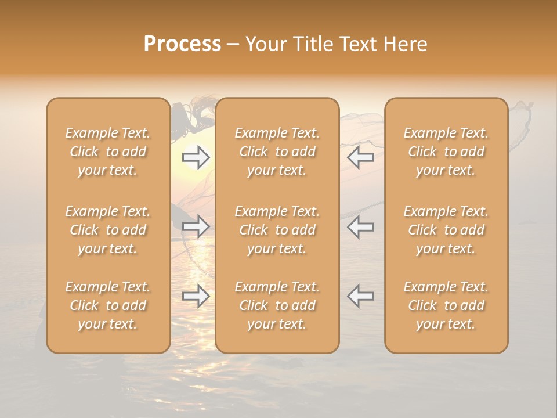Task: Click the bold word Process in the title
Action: (182, 44)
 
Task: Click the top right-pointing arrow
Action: (196, 157)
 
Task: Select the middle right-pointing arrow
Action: (196, 226)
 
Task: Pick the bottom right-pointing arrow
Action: (196, 296)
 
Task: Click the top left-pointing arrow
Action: (361, 157)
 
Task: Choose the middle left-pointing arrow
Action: (361, 226)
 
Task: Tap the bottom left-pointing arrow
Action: (361, 296)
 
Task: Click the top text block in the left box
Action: (108, 152)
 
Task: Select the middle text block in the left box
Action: (108, 230)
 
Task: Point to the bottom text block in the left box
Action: (108, 305)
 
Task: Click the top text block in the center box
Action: (277, 152)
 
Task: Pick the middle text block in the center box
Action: (277, 230)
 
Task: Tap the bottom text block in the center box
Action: (277, 305)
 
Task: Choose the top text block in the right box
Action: (446, 152)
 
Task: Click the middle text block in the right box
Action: (446, 230)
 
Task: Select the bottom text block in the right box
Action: (446, 305)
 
